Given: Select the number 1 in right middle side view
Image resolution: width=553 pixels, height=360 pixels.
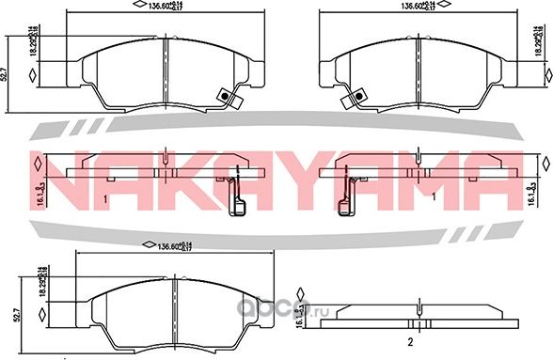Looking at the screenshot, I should [x=432, y=199].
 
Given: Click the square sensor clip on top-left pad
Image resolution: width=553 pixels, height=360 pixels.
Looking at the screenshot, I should [x=224, y=95].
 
